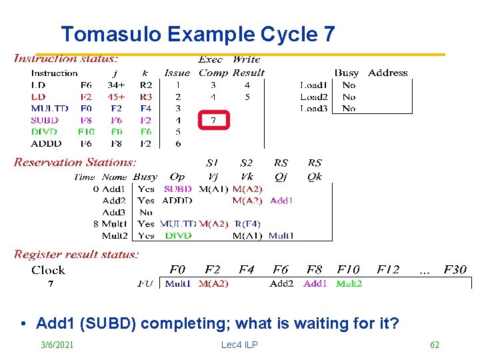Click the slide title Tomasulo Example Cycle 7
(197, 34)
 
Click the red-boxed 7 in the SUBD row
(213, 121)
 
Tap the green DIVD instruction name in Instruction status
(45, 132)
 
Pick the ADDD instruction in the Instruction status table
(46, 143)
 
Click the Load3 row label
(313, 108)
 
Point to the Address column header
(387, 73)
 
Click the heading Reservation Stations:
(75, 162)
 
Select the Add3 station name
(114, 212)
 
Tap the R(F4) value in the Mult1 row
(247, 224)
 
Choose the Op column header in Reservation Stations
(177, 177)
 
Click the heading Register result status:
(77, 254)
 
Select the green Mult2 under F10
(349, 283)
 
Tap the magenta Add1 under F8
(315, 283)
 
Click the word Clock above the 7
(48, 270)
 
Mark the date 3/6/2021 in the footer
(56, 345)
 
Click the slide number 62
(435, 345)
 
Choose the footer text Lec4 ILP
(239, 345)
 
